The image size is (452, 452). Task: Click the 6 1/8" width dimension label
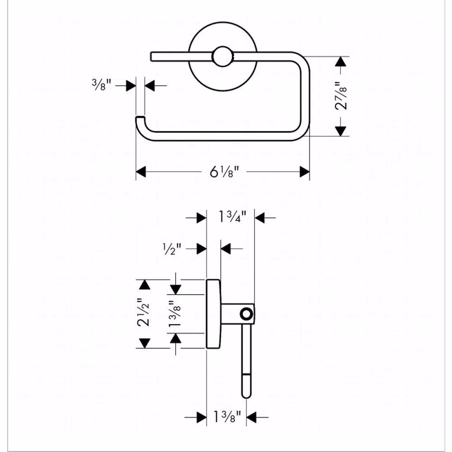tap(224, 172)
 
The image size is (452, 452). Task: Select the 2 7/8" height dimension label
tap(341, 96)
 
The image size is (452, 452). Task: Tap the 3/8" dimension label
tap(101, 85)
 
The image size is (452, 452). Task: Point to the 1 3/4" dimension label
tap(232, 217)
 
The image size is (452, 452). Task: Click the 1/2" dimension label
tap(172, 249)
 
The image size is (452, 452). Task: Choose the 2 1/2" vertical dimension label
tap(144, 312)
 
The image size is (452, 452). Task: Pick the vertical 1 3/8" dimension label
tap(174, 314)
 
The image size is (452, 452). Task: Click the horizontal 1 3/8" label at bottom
tap(227, 417)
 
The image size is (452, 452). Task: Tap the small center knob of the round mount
tap(222, 57)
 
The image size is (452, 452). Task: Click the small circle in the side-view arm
tap(246, 314)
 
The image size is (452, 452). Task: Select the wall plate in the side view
tap(214, 314)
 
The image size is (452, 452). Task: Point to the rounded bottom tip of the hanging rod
tap(246, 395)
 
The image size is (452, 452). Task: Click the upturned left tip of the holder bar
tap(140, 118)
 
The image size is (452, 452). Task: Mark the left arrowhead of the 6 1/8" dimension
tap(141, 172)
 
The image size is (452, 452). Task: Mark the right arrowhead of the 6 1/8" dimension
tap(305, 172)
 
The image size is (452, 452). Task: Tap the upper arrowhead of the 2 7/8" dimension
tap(341, 61)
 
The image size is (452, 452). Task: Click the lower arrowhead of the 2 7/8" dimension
tap(341, 131)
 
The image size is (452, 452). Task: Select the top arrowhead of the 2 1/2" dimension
tap(145, 285)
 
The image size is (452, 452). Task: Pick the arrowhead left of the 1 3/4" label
tap(202, 218)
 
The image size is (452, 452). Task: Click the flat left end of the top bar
tap(151, 56)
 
